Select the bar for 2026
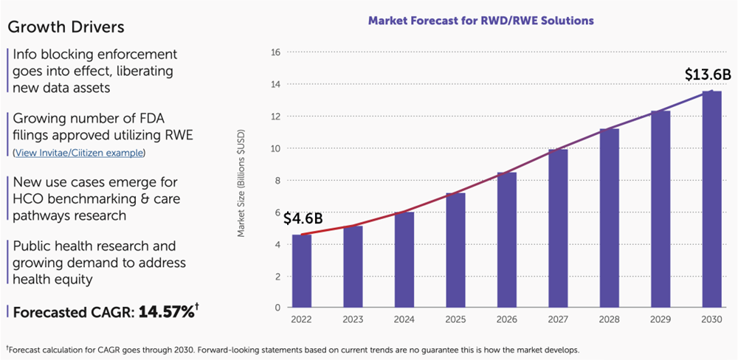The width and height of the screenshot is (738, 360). pos(507,240)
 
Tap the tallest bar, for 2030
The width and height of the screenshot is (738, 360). pos(711,199)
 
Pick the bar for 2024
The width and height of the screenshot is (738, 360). pos(404,260)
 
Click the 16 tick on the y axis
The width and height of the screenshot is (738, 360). pos(275,52)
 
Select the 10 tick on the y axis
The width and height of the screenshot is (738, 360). pos(275,148)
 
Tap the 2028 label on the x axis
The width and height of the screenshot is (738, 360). pos(609,320)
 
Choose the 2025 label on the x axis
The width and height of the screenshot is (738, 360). pos(455,320)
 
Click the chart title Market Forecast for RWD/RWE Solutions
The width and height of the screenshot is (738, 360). pos(480,21)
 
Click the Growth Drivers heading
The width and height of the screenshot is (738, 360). pos(65,27)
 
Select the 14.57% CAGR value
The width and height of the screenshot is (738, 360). pos(166,311)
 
